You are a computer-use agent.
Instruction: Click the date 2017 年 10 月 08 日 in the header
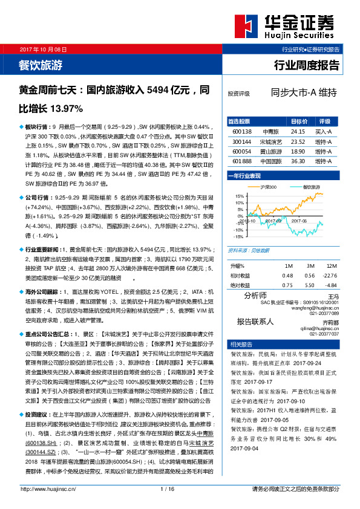tap(43, 48)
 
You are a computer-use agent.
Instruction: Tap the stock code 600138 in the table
tap(241, 131)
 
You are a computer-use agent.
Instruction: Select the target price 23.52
tap(297, 141)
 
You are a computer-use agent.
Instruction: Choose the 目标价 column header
tap(298, 121)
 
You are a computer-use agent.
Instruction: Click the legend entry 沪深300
tap(268, 187)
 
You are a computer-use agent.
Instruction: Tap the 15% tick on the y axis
tap(239, 196)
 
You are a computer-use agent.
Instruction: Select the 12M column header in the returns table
tap(330, 266)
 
